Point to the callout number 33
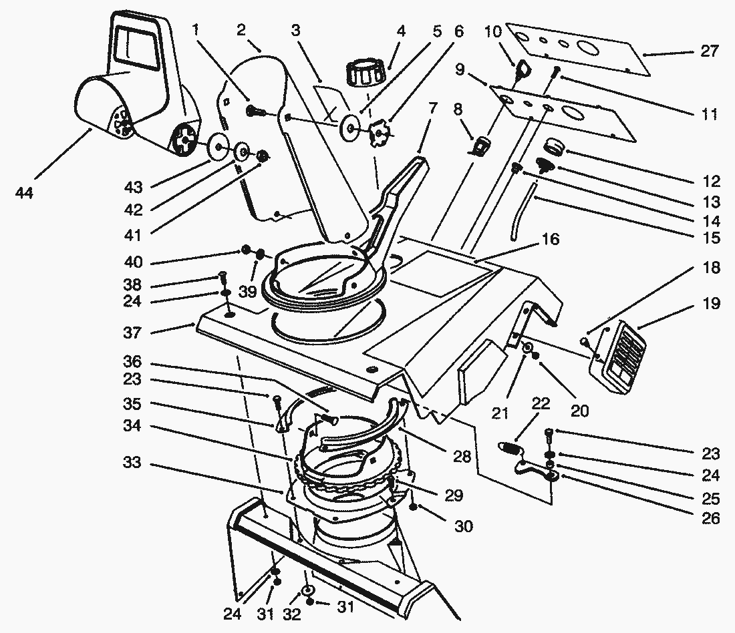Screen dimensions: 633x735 tap(134, 462)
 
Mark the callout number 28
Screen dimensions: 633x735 tap(461, 457)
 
